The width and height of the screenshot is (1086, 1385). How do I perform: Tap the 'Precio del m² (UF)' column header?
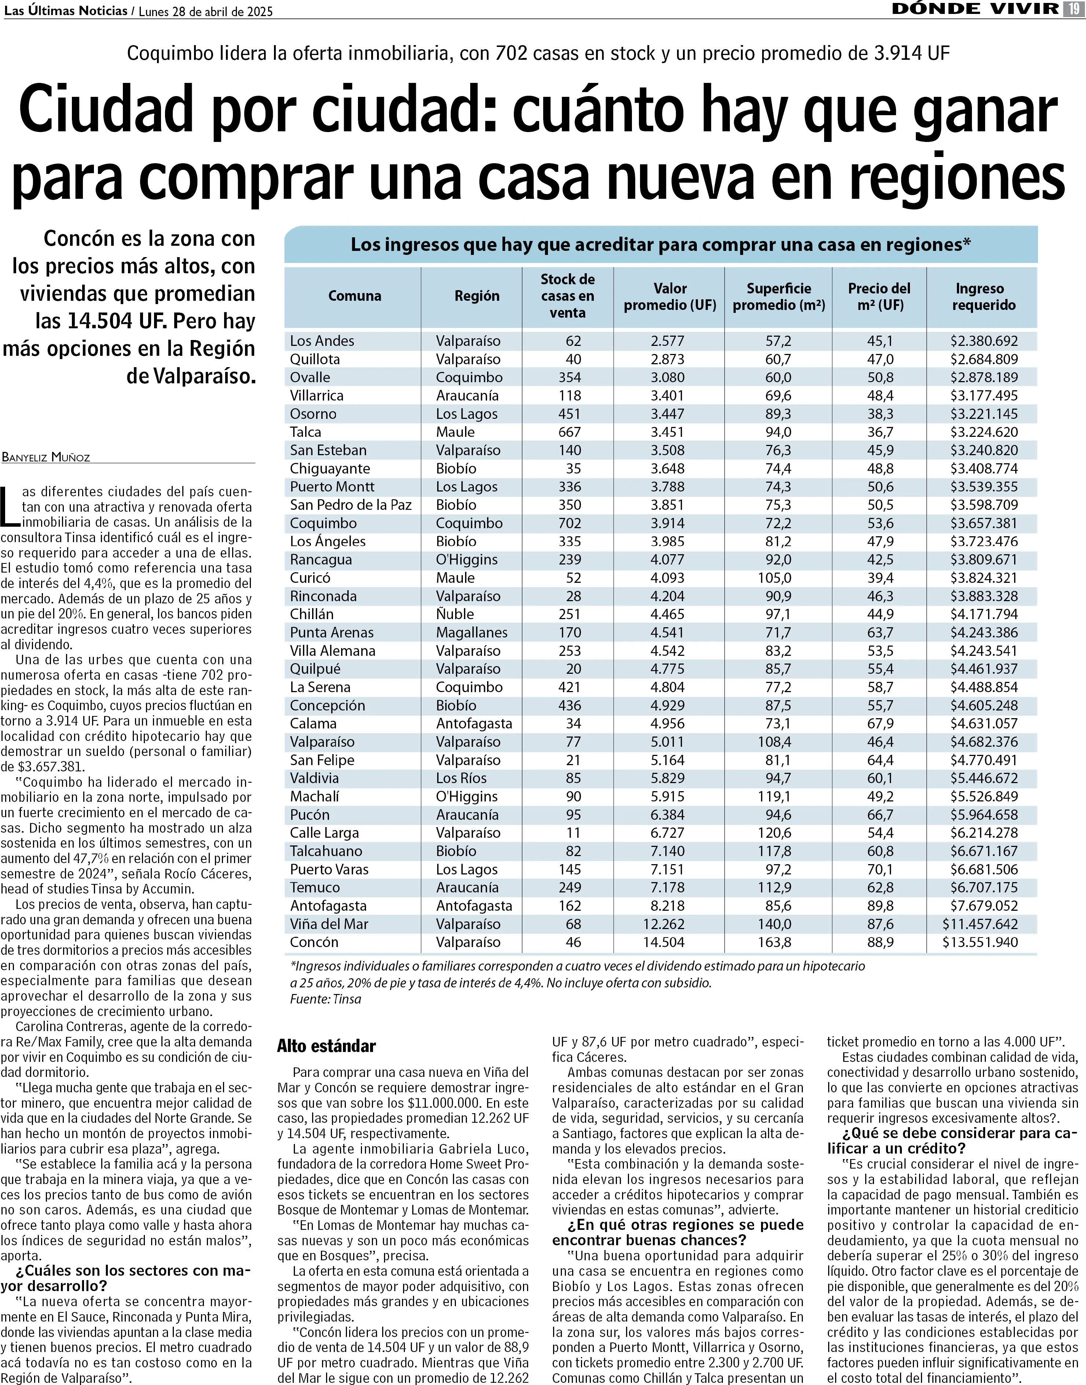pos(880,296)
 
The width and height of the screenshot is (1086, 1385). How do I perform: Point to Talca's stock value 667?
pos(570,432)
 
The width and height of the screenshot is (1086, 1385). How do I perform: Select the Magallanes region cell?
pos(471,632)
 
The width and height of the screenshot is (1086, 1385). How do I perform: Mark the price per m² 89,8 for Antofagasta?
pos(880,906)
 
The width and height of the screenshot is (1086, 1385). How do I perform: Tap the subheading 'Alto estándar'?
pos(326,1046)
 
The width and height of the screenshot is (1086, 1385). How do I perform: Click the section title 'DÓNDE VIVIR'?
pos(975,9)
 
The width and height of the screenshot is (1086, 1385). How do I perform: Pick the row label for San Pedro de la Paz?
pos(350,505)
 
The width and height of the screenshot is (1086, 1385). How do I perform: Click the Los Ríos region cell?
pos(461,778)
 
